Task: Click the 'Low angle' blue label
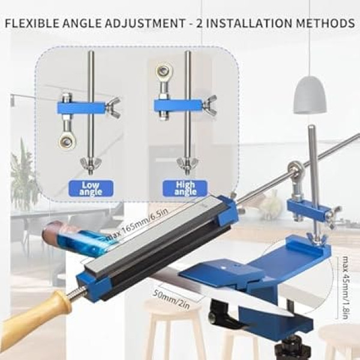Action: [91, 188]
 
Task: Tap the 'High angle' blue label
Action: [185, 188]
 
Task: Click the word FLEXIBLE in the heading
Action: [32, 23]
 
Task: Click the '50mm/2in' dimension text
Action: [171, 299]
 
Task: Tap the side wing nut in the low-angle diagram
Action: [113, 107]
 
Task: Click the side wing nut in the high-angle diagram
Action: [209, 106]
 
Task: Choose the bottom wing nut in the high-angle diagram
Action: [188, 163]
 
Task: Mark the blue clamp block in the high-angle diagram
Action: [178, 105]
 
